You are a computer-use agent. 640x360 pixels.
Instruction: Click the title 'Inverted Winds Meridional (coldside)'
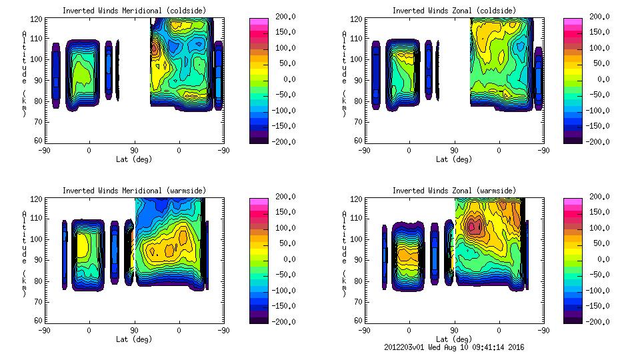tap(134, 10)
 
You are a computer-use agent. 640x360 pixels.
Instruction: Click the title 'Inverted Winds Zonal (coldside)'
tap(454, 10)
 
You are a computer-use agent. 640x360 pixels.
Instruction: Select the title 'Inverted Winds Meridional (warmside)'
tap(134, 190)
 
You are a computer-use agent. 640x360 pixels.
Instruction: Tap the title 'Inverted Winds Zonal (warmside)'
tap(454, 190)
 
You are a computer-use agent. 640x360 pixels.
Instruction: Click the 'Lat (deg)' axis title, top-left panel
tap(134, 159)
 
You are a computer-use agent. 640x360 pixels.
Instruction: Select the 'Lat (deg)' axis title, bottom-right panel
tap(454, 339)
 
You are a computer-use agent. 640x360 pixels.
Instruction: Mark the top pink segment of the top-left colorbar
tap(259, 21)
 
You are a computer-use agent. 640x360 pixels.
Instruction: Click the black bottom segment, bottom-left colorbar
tap(259, 319)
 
